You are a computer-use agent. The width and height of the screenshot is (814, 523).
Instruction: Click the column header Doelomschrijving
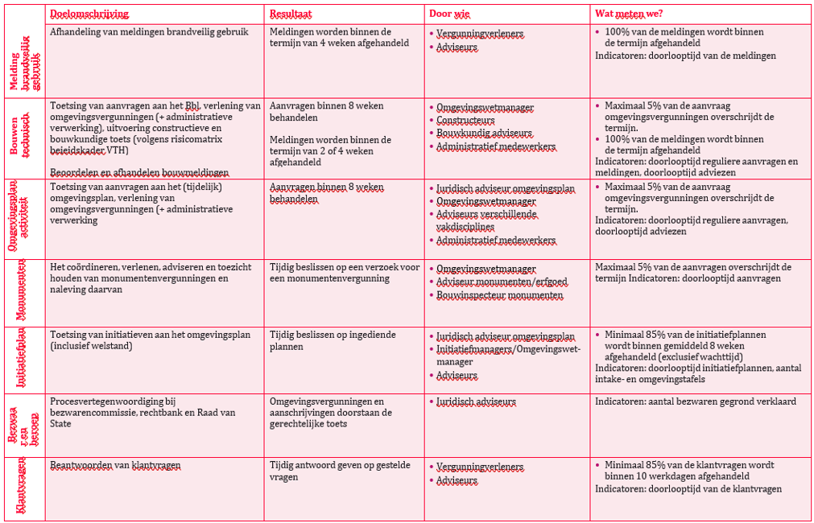click(89, 14)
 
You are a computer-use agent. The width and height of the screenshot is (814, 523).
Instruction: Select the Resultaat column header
click(291, 14)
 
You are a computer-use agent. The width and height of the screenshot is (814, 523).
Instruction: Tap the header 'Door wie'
click(450, 14)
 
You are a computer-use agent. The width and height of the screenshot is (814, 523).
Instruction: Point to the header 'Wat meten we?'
click(629, 14)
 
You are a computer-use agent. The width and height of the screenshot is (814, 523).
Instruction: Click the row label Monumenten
click(22, 290)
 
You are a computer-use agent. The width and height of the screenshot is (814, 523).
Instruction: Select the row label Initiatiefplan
click(22, 360)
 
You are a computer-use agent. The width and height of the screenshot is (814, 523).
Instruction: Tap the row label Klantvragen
click(22, 486)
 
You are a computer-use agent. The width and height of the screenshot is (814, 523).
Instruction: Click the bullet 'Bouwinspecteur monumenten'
click(499, 295)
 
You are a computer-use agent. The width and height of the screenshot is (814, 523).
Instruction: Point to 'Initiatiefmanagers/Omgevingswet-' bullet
click(507, 349)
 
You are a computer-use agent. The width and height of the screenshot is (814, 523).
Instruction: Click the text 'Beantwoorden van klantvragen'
click(115, 465)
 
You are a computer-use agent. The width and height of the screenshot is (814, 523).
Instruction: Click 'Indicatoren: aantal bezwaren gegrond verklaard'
click(696, 401)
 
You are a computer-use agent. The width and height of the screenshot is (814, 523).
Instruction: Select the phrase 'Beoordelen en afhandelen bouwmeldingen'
click(139, 172)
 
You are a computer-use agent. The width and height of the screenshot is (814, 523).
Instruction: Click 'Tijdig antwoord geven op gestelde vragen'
click(340, 471)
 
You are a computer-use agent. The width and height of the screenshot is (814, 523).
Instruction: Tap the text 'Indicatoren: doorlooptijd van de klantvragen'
click(688, 488)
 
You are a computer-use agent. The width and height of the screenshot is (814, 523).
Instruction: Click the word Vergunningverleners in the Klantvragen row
click(479, 467)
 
